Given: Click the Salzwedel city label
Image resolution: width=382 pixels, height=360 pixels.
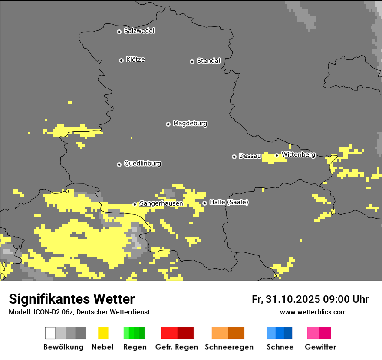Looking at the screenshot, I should point(139,31).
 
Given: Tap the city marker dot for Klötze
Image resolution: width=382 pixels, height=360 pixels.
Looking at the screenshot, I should point(121,60).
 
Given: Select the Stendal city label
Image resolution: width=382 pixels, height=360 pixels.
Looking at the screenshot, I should point(208,61).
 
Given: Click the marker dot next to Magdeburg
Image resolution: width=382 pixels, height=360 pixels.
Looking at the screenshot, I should point(168,124).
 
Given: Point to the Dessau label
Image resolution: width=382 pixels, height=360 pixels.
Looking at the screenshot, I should point(250,156).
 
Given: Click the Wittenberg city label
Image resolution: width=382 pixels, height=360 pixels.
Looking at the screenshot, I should point(298,154).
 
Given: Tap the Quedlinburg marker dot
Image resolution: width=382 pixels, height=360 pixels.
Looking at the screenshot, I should point(119,164).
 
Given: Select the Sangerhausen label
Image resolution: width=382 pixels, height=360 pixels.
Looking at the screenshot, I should point(161,203).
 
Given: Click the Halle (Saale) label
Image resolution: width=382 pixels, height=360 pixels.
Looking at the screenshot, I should point(229,202).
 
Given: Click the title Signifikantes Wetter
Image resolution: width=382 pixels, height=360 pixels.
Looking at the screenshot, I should point(72,299).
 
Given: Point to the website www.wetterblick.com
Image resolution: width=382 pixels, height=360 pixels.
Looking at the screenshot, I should point(313,312).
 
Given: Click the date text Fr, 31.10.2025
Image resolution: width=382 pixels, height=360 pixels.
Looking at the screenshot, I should point(285,299).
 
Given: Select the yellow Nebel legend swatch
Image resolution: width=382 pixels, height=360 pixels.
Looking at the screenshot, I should point(103,333).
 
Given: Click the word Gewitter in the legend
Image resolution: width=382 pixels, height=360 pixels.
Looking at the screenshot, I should point(320,347).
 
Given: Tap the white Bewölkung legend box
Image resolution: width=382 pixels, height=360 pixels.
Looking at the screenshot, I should point(50,333).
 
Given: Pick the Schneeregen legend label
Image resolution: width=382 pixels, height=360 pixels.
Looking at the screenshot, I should point(229,347).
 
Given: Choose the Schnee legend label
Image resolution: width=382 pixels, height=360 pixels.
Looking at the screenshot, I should point(280,347).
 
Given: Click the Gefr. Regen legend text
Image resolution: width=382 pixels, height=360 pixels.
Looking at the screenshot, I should point(176,347).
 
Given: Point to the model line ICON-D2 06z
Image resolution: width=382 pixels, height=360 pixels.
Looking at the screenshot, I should point(79,312).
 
